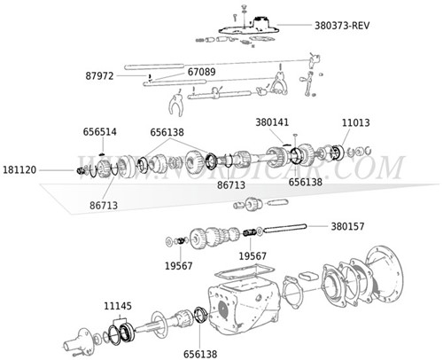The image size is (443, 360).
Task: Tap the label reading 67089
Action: pyautogui.click(x=201, y=70)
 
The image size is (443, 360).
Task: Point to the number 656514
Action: pyautogui.click(x=99, y=131)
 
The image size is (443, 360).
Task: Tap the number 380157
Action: pyautogui.click(x=350, y=226)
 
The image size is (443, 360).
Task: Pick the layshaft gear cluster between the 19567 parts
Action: pyautogui.click(x=212, y=238)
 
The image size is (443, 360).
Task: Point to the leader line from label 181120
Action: pyautogui.click(x=58, y=169)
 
